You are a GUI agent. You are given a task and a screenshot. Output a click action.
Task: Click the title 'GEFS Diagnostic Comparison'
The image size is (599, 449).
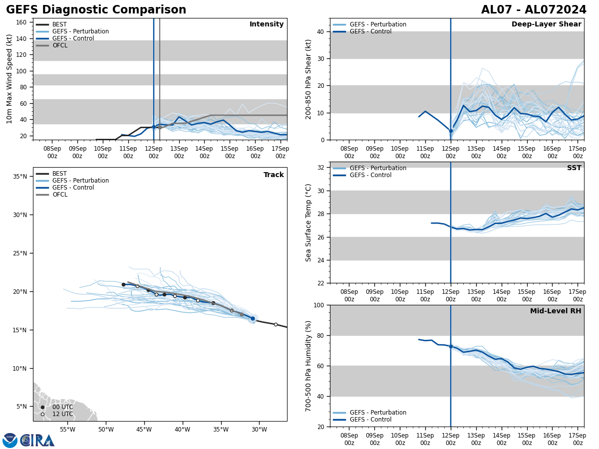click(96, 10)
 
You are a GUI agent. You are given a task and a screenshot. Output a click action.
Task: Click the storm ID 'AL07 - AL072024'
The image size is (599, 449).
click(534, 10)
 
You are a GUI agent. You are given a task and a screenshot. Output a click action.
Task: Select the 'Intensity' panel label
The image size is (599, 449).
click(267, 24)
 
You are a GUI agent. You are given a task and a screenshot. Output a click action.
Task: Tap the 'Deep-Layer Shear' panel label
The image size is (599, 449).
click(546, 24)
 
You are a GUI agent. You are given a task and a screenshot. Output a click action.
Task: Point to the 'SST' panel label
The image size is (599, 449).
click(574, 168)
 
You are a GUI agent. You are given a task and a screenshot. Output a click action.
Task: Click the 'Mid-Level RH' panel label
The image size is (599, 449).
click(556, 311)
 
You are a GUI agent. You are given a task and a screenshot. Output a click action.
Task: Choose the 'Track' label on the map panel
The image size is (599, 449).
click(274, 175)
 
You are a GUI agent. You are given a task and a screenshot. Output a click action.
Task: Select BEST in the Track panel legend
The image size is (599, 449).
click(59, 174)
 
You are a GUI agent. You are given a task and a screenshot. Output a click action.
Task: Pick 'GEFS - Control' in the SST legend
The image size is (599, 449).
click(370, 175)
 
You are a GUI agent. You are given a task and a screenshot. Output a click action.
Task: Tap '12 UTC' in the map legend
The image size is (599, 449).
click(62, 414)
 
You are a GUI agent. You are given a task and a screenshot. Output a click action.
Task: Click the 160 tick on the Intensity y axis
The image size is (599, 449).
click(21, 22)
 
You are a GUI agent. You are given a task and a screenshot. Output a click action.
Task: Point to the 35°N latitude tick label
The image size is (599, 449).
click(20, 177)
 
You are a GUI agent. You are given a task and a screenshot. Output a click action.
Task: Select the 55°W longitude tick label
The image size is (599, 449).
click(67, 430)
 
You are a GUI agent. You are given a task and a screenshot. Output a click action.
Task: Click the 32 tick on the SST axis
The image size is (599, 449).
click(322, 168)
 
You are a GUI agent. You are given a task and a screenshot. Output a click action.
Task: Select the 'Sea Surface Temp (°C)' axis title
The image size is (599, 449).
click(308, 223)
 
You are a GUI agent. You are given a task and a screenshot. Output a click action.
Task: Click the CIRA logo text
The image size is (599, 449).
click(37, 441)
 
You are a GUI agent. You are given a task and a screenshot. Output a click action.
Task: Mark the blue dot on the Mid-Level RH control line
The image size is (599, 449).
click(451, 346)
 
